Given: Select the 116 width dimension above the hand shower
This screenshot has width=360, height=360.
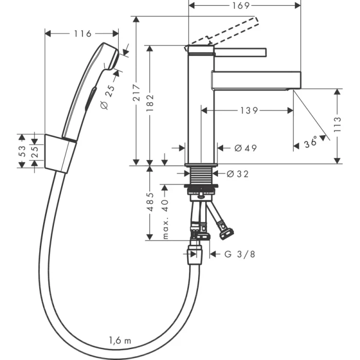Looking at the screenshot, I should coord(82,34).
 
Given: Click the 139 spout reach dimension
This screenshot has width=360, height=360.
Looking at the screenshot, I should coord(249,111).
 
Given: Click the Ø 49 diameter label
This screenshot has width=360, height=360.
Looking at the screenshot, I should coord(245,148).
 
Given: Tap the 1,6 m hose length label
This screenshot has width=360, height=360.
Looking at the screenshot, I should coord(119,339).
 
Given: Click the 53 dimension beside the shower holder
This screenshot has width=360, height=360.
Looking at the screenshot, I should coord(22,151).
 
